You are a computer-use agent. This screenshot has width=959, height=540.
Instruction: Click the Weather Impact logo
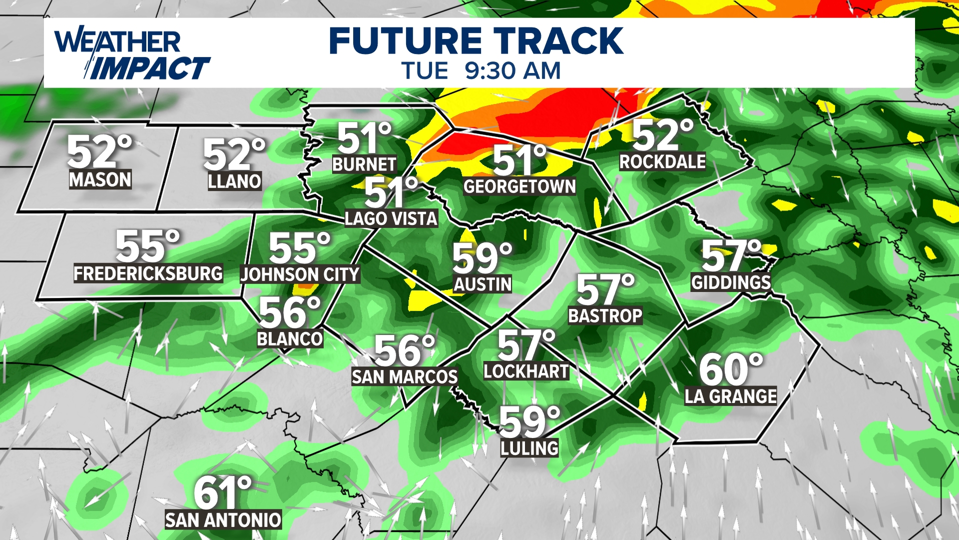coord(132,54)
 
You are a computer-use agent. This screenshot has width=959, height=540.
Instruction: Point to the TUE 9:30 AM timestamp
coord(481,71)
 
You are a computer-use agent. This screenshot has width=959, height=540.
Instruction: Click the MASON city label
coord(100,179)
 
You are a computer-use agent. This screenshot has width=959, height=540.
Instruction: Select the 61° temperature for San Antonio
coord(223,493)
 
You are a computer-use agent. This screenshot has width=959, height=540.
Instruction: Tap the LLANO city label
coord(234,181)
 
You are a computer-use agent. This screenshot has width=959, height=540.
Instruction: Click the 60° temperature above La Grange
coord(731,370)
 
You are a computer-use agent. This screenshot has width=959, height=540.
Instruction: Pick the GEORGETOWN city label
coord(519,186)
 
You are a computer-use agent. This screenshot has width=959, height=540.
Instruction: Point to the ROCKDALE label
coord(662,161)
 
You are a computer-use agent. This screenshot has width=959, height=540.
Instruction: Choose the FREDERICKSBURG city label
coord(148,273)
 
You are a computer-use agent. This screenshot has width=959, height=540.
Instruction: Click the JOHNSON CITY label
coord(300,274)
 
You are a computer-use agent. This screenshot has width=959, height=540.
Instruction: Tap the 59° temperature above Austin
coord(482,258)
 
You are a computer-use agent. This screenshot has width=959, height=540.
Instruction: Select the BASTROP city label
coord(605,316)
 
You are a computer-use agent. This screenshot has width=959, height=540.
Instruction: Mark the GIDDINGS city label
coord(731,282)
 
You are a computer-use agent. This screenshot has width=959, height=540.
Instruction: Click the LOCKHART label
coord(526,371)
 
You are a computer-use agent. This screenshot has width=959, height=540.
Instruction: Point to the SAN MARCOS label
coord(405,376)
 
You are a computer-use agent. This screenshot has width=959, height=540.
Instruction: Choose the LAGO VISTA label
coord(391,218)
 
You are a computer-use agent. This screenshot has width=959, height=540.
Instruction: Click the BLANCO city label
coord(290,339)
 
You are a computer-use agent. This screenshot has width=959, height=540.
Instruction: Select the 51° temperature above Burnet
coord(364,138)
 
